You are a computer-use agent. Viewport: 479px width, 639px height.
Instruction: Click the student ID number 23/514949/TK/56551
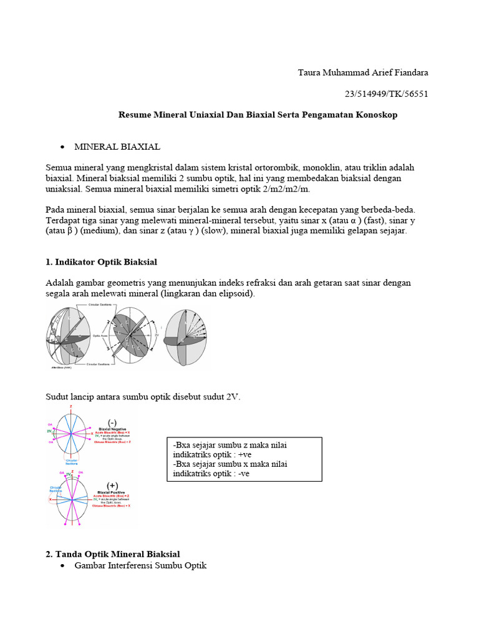coord(386,94)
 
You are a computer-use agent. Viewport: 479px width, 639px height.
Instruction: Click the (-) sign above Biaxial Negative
coord(113,422)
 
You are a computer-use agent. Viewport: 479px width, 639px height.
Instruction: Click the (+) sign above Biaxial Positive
coord(113,485)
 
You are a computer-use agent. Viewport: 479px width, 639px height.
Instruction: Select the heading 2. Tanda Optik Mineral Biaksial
coord(112,554)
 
